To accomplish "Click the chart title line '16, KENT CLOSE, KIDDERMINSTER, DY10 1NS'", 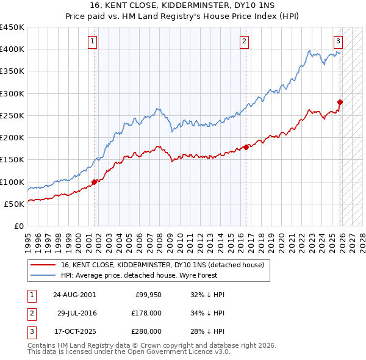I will (x=182, y=5).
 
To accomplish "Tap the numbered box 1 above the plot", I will (x=92, y=41).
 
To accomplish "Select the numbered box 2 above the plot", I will (x=244, y=41).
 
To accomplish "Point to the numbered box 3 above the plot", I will (x=338, y=41).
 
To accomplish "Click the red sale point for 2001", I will (x=95, y=182).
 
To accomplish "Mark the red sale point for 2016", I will (x=246, y=147).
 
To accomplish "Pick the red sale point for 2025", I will (x=340, y=102).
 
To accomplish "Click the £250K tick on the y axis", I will (x=12, y=115).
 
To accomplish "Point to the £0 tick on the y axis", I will (x=18, y=226).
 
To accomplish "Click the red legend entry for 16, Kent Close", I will (x=162, y=265).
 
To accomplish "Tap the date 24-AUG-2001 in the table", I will (x=74, y=295).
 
